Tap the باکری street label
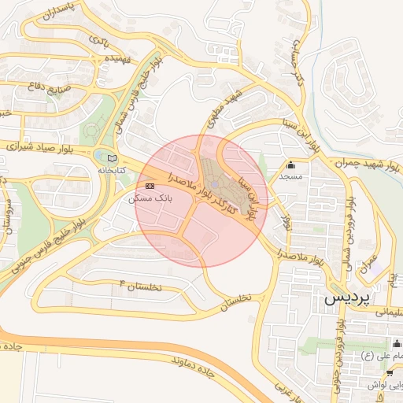point(98,39)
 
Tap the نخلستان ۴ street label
point(140,285)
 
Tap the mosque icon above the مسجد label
point(291,165)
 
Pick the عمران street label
point(370,263)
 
